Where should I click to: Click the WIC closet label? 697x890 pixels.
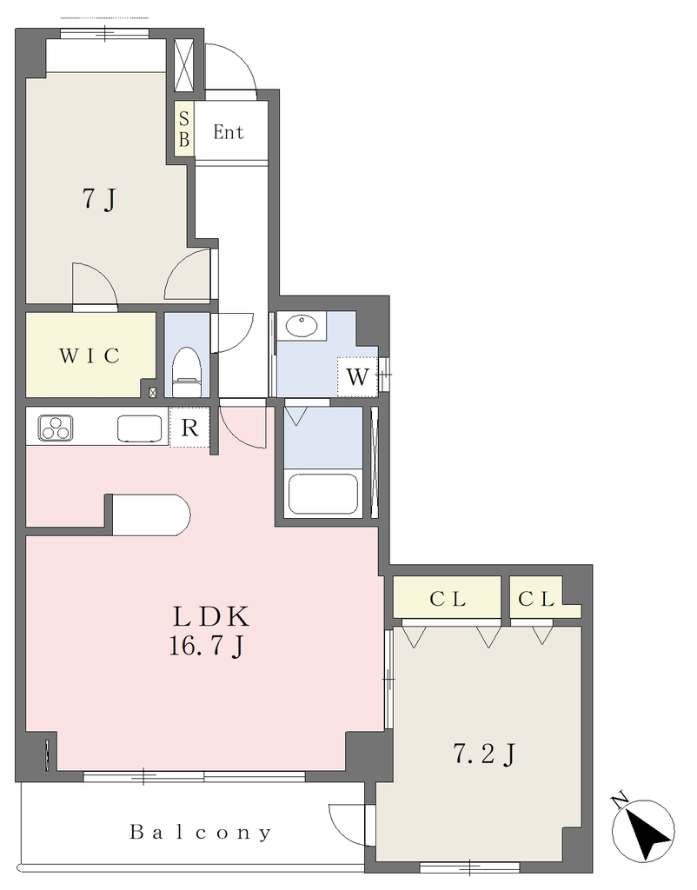pos(90,355)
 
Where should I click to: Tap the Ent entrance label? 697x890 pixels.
pos(229,132)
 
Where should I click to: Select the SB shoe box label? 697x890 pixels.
pos(184,129)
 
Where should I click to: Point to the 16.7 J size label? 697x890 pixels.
pos(207,646)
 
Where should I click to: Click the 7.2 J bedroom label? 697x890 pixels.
pos(483,754)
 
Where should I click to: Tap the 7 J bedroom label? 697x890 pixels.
pos(99,199)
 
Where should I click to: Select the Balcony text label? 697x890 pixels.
pos(201,833)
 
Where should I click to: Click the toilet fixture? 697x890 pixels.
pos(187,372)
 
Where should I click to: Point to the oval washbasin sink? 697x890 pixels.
pos(302,326)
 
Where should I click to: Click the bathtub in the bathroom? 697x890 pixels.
pos(323,494)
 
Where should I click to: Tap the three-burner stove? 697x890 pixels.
pos(55,428)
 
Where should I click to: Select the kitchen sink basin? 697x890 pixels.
pos(139,428)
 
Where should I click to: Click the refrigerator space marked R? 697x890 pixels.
pos(189,428)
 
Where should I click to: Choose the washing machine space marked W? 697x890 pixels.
pos(357,376)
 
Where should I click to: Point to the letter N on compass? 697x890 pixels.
pos(621,800)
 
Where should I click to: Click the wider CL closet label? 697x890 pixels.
pos(448,598)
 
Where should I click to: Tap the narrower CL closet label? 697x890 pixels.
pos(536,598)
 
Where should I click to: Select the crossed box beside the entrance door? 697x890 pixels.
pos(183,65)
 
